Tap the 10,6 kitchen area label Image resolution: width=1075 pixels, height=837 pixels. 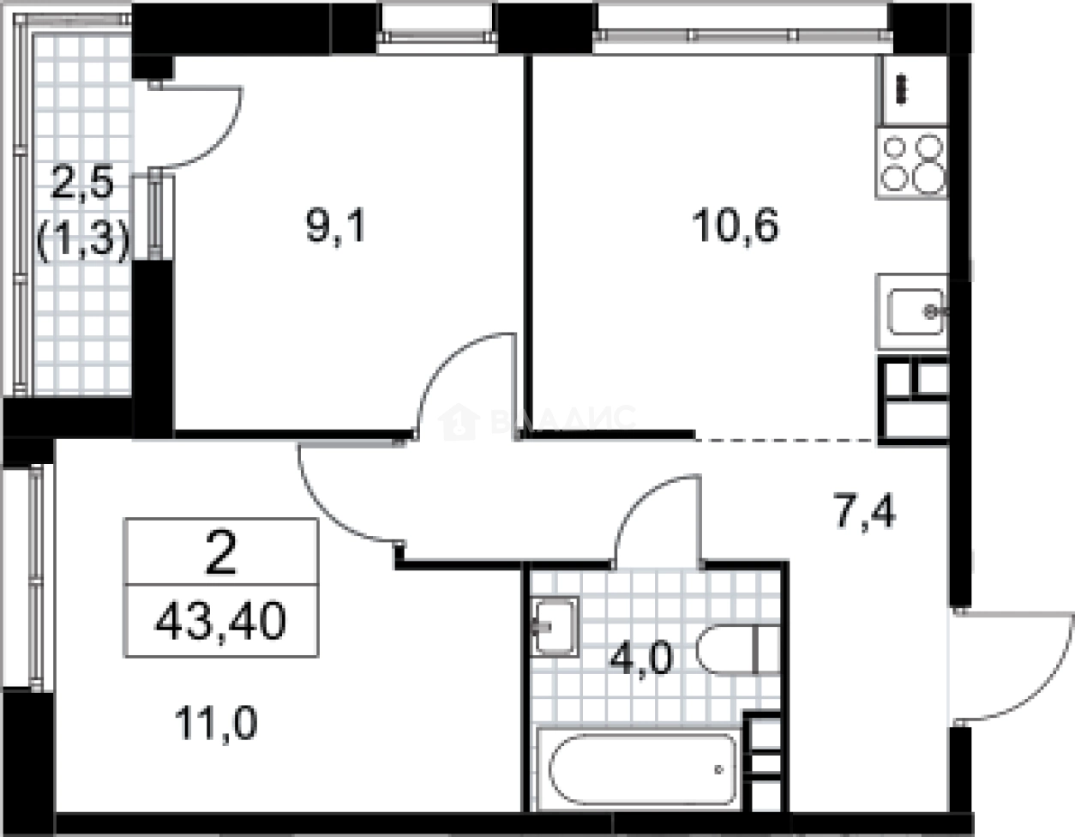736,229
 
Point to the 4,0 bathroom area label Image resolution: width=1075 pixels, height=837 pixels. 642,658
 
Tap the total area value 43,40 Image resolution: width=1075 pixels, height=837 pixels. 220,621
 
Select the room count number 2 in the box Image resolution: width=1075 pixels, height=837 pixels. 221,556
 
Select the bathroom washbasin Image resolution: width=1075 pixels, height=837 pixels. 552,626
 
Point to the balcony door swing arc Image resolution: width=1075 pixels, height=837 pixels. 201,129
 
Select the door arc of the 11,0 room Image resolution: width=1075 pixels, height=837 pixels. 339,502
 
